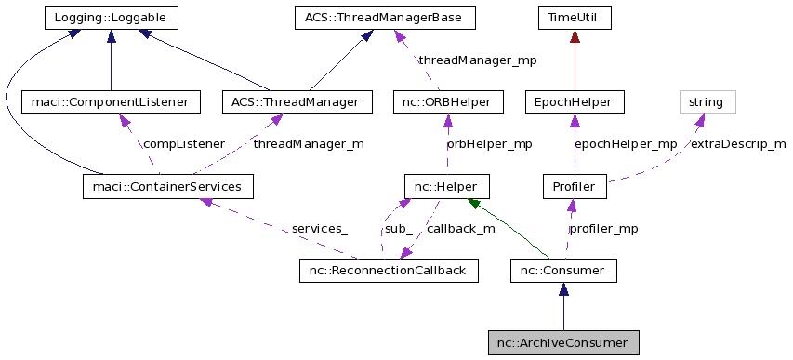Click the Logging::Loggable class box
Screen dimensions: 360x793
[111, 18]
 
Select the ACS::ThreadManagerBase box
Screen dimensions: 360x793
[384, 18]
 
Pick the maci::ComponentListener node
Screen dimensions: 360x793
[111, 101]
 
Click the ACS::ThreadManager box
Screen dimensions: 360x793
[297, 101]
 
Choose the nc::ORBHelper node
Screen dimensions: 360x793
[448, 101]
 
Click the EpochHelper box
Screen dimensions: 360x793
[574, 101]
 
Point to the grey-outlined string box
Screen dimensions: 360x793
[707, 101]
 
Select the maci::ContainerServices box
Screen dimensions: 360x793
[167, 187]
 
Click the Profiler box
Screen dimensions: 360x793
[574, 187]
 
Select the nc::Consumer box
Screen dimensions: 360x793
[563, 271]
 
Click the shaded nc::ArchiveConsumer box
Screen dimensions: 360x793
[563, 343]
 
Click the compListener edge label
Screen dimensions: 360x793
[183, 144]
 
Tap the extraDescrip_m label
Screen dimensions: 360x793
[737, 144]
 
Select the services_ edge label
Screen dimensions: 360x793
[319, 228]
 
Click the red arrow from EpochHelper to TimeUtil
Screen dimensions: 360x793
[574, 60]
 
